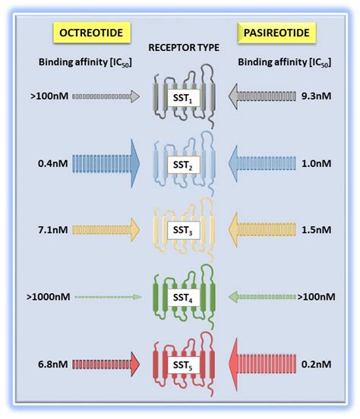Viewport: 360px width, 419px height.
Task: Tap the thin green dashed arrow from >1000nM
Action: coord(106,295)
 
